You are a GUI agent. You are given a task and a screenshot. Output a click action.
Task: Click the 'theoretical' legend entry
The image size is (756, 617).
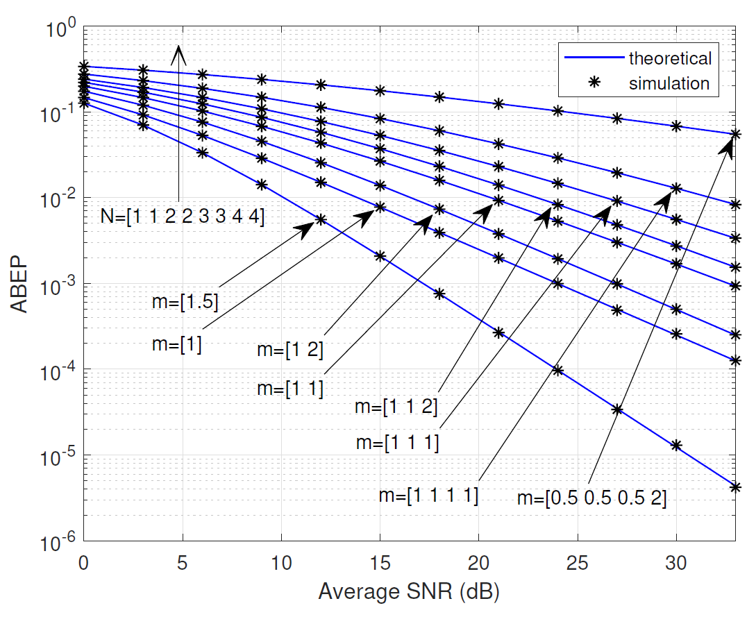click(669, 58)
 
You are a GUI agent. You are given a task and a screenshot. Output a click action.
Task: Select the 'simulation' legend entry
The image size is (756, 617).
click(669, 84)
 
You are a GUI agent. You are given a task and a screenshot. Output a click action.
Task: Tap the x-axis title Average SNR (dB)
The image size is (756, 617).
click(409, 592)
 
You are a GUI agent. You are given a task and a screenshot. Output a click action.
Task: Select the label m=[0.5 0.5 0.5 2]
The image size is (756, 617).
click(591, 498)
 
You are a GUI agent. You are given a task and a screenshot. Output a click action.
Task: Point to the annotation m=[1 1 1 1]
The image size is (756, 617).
click(428, 496)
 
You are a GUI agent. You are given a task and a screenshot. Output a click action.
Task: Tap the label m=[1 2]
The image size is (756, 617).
click(290, 350)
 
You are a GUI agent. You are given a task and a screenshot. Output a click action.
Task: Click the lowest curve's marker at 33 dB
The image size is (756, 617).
click(735, 487)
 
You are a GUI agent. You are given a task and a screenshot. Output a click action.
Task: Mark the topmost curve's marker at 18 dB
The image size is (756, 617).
click(439, 97)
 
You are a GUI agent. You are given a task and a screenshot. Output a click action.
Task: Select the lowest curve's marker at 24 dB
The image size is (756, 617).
click(557, 370)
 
